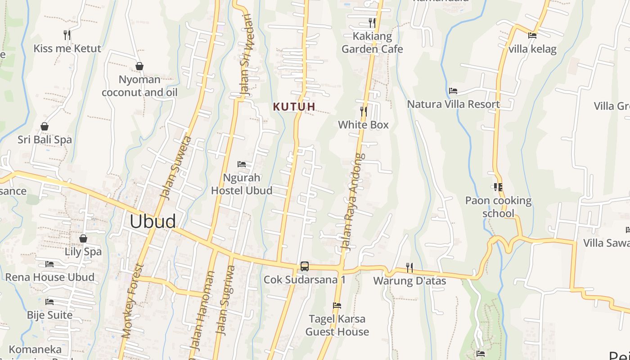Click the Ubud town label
point(153,221)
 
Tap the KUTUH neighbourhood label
point(294,107)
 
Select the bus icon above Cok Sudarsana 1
point(305,266)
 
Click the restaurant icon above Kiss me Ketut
point(67,35)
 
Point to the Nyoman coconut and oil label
point(139,86)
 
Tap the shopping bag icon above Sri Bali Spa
point(45,126)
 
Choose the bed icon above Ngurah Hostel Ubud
point(242,164)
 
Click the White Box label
point(363,125)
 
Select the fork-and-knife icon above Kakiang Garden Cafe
point(372,22)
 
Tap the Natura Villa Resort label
point(453,104)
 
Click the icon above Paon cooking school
point(498,187)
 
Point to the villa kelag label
point(532,49)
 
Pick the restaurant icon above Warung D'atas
point(409,267)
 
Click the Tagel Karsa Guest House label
point(337,325)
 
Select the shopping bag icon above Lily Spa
point(83,238)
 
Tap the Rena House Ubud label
point(50,277)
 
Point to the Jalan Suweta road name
point(176,168)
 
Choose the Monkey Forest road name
point(132,301)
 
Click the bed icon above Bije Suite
point(49,301)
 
